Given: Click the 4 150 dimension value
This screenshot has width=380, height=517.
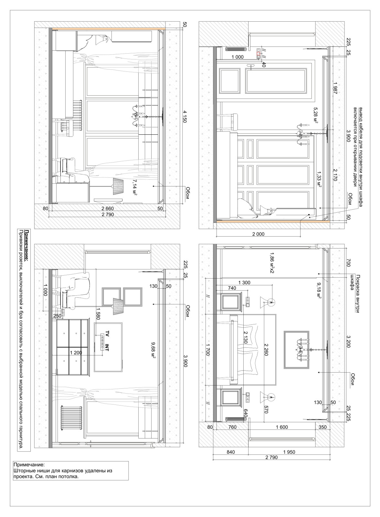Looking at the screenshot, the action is click(x=185, y=117).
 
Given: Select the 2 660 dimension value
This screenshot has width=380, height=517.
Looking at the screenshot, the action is click(x=108, y=208).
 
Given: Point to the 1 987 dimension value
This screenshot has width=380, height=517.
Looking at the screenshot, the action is click(x=335, y=88).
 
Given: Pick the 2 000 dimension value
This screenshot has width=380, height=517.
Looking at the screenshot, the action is click(x=258, y=234).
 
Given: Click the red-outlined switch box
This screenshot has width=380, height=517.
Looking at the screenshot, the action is click(x=258, y=54).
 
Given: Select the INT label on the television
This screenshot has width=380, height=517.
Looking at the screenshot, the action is click(x=107, y=347).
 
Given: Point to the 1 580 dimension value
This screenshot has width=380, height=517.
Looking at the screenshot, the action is click(x=98, y=314).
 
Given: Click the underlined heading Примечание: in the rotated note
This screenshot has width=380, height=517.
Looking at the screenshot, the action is click(x=27, y=246).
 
